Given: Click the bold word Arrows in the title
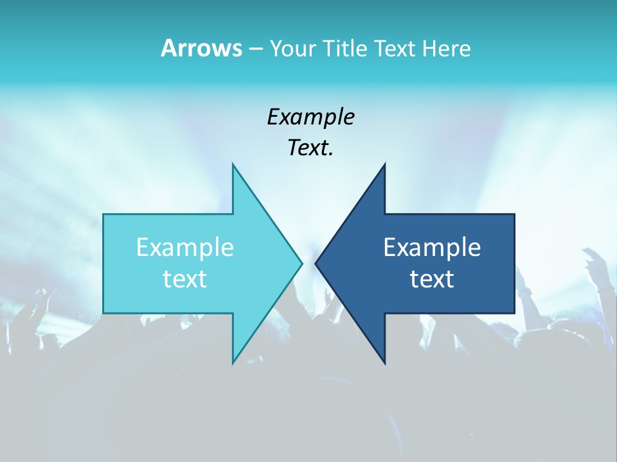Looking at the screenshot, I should coord(201,48).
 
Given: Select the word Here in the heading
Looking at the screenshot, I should coord(446,48).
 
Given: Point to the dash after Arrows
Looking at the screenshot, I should coord(255,49).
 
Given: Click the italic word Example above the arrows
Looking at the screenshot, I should coord(310,117).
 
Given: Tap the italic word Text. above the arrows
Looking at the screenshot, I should coord(310,148).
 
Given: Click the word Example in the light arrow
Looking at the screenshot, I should coord(185,247).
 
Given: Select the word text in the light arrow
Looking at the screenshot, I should coord(185,279).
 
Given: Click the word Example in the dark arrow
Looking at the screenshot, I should coord(432,247).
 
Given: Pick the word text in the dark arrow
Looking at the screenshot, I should coord(432,279).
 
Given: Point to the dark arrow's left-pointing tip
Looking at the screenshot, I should coord(316,263).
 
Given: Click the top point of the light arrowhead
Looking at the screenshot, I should coord(233,165).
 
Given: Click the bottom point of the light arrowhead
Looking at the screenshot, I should coord(233,363).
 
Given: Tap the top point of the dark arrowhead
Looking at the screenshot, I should coord(384,165).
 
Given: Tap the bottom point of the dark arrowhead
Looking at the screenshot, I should coord(384,363).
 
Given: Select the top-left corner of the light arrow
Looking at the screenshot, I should coord(104,215).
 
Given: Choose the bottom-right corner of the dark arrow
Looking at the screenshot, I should coord(514,312).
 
